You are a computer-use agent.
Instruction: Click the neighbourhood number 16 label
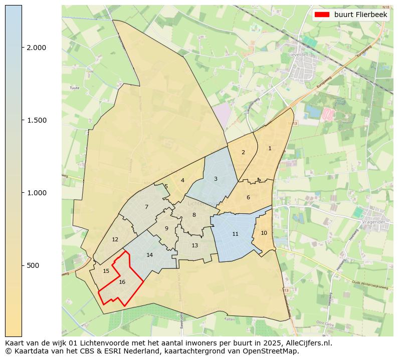coord(122,282)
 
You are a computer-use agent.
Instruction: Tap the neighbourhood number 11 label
coord(235,234)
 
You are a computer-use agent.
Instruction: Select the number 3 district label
coord(216,179)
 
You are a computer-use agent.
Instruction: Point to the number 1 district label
coord(270,148)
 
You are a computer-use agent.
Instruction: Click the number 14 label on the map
coord(149,255)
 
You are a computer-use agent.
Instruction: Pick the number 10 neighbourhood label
coord(264,233)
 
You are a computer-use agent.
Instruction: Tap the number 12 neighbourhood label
coord(115,239)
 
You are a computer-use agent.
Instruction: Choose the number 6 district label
coord(248,197)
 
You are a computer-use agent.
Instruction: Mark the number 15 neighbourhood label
coord(106,271)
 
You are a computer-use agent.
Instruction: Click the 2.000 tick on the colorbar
coord(36,48)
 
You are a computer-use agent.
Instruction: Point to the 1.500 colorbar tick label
coord(36,120)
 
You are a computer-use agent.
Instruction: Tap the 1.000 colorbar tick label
coord(36,193)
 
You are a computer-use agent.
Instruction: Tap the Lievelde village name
coord(297,55)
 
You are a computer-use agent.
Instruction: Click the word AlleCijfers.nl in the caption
coord(307,343)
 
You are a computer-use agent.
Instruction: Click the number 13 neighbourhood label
coord(194,245)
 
